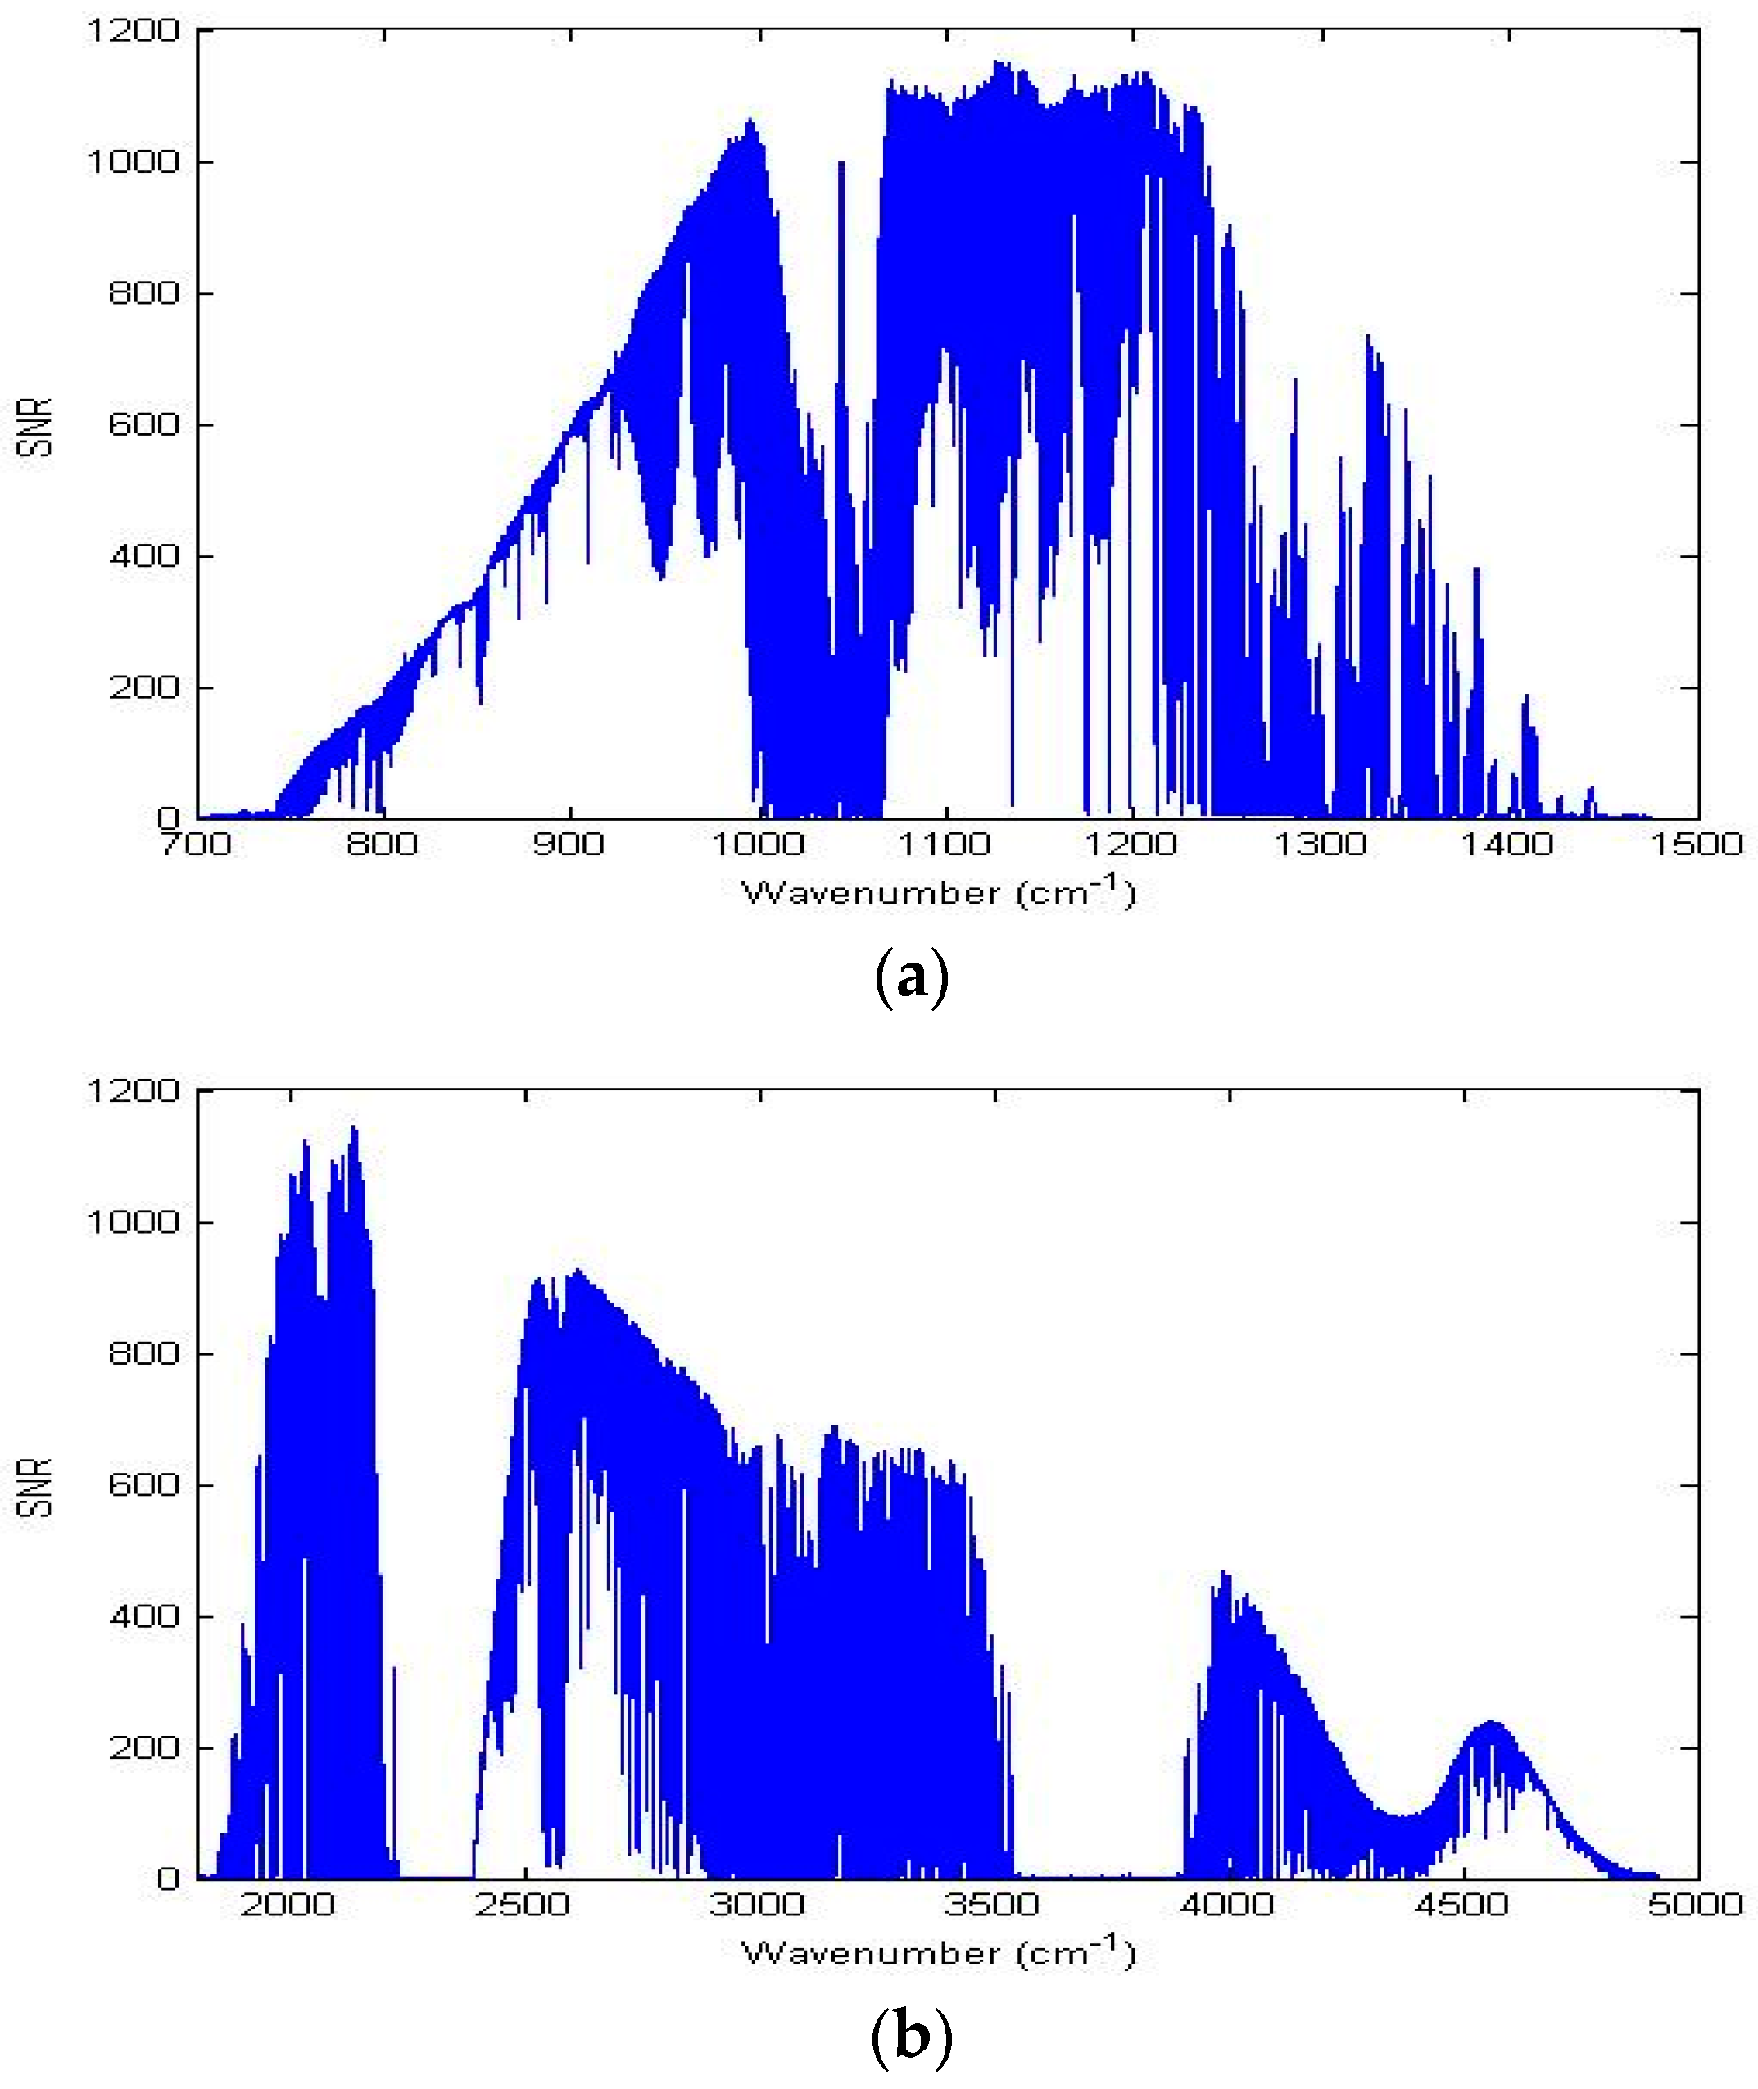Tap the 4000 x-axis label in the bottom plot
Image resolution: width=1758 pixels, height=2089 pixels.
click(1228, 1905)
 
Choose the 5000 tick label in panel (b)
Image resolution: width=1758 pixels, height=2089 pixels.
click(1697, 1905)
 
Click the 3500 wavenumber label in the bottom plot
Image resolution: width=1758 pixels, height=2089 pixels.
click(993, 1905)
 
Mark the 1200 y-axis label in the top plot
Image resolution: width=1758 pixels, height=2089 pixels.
click(134, 31)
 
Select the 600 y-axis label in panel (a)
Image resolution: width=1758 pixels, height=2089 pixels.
click(143, 424)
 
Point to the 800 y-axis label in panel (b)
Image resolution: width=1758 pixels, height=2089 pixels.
click(143, 1353)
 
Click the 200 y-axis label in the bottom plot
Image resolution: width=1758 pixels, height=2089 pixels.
click(143, 1747)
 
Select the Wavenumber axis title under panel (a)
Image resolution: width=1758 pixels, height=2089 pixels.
click(939, 892)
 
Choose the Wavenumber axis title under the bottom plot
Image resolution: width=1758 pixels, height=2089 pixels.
click(939, 1952)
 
